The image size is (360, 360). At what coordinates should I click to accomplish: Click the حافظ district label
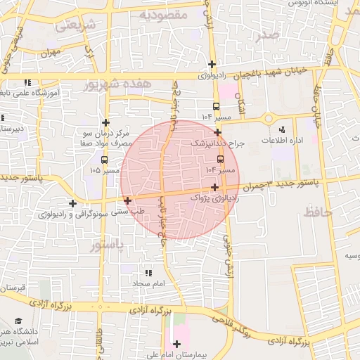(x=321, y=210)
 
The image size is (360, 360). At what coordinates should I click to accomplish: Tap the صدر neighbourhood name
(x=272, y=36)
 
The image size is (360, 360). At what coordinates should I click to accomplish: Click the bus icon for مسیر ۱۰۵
(x=105, y=160)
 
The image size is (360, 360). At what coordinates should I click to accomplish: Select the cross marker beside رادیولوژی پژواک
(x=214, y=187)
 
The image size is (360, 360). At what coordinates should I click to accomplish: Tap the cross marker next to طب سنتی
(x=127, y=200)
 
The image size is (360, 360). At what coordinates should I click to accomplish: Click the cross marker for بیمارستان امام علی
(x=176, y=344)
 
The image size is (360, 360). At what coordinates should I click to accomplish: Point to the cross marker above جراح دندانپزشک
(x=218, y=131)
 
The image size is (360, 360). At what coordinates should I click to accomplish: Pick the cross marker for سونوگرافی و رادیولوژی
(x=72, y=203)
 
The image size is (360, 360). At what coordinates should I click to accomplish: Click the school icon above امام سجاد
(x=148, y=272)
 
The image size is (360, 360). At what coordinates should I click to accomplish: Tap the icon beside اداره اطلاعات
(x=282, y=129)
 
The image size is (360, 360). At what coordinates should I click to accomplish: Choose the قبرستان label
(x=13, y=288)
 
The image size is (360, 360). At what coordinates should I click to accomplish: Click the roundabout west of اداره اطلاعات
(x=267, y=118)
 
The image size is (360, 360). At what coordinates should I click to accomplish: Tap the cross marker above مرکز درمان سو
(x=105, y=122)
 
